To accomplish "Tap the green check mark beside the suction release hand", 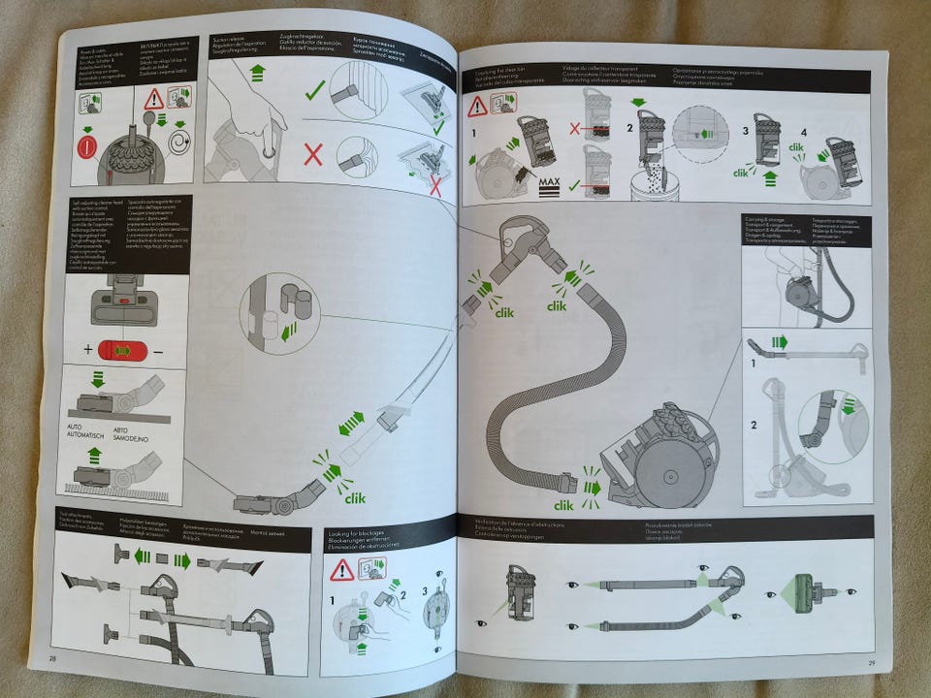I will [x=314, y=92].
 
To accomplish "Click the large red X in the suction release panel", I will [x=313, y=155].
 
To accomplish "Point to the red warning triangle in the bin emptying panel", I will [x=477, y=106].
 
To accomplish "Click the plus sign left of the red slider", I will [x=88, y=348].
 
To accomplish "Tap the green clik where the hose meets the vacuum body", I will [x=564, y=505].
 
